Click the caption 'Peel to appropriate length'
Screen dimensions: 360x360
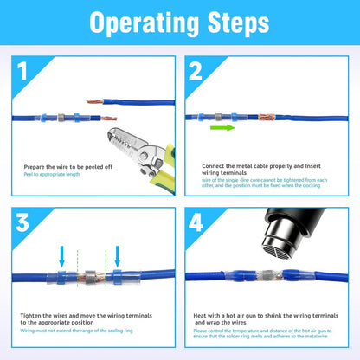click(54, 174)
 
